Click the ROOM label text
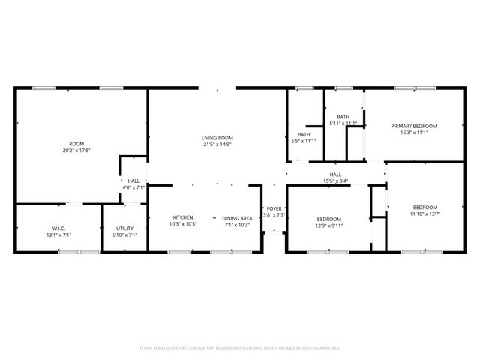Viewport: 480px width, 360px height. click(x=76, y=144)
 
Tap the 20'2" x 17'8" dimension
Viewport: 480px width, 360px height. click(x=76, y=151)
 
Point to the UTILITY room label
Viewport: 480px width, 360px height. click(x=124, y=228)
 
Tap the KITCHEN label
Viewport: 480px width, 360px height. click(x=184, y=217)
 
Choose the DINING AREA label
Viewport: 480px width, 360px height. click(x=236, y=217)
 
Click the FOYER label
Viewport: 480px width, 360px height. click(x=274, y=208)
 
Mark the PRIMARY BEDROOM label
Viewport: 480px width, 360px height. click(x=414, y=126)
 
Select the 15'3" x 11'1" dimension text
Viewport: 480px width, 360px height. click(x=414, y=133)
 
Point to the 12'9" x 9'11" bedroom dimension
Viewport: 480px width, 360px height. click(x=328, y=225)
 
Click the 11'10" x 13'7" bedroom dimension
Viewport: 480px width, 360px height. click(x=424, y=214)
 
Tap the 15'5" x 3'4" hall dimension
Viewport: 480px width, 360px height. click(x=335, y=181)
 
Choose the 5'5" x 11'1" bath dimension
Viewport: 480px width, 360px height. click(x=303, y=141)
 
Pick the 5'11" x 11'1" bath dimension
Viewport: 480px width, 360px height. click(x=343, y=123)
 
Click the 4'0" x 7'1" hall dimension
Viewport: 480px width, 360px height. click(x=133, y=187)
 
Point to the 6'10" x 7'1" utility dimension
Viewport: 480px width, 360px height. click(x=124, y=235)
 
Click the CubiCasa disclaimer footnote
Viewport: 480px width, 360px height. click(x=240, y=347)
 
